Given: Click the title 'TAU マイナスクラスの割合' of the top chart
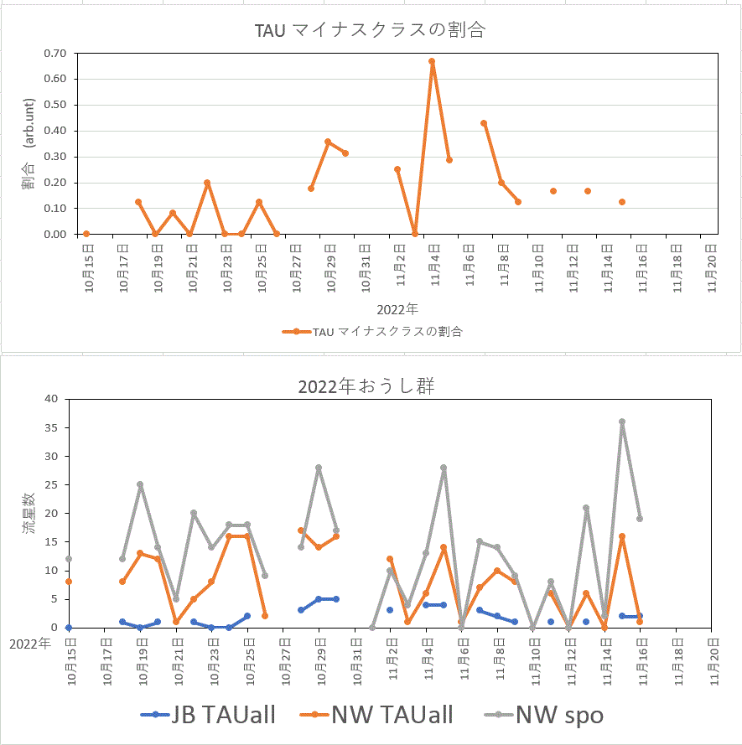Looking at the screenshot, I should point(371,31).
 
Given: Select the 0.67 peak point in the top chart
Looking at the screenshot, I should point(432,61).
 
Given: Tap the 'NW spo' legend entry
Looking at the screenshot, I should point(544,715).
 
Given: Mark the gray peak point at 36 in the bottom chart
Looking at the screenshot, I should point(622,422).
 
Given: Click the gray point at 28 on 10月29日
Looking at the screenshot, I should point(319,468).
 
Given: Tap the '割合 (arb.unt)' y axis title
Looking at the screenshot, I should point(29,143).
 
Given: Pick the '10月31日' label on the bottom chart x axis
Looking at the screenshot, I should point(355,655).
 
